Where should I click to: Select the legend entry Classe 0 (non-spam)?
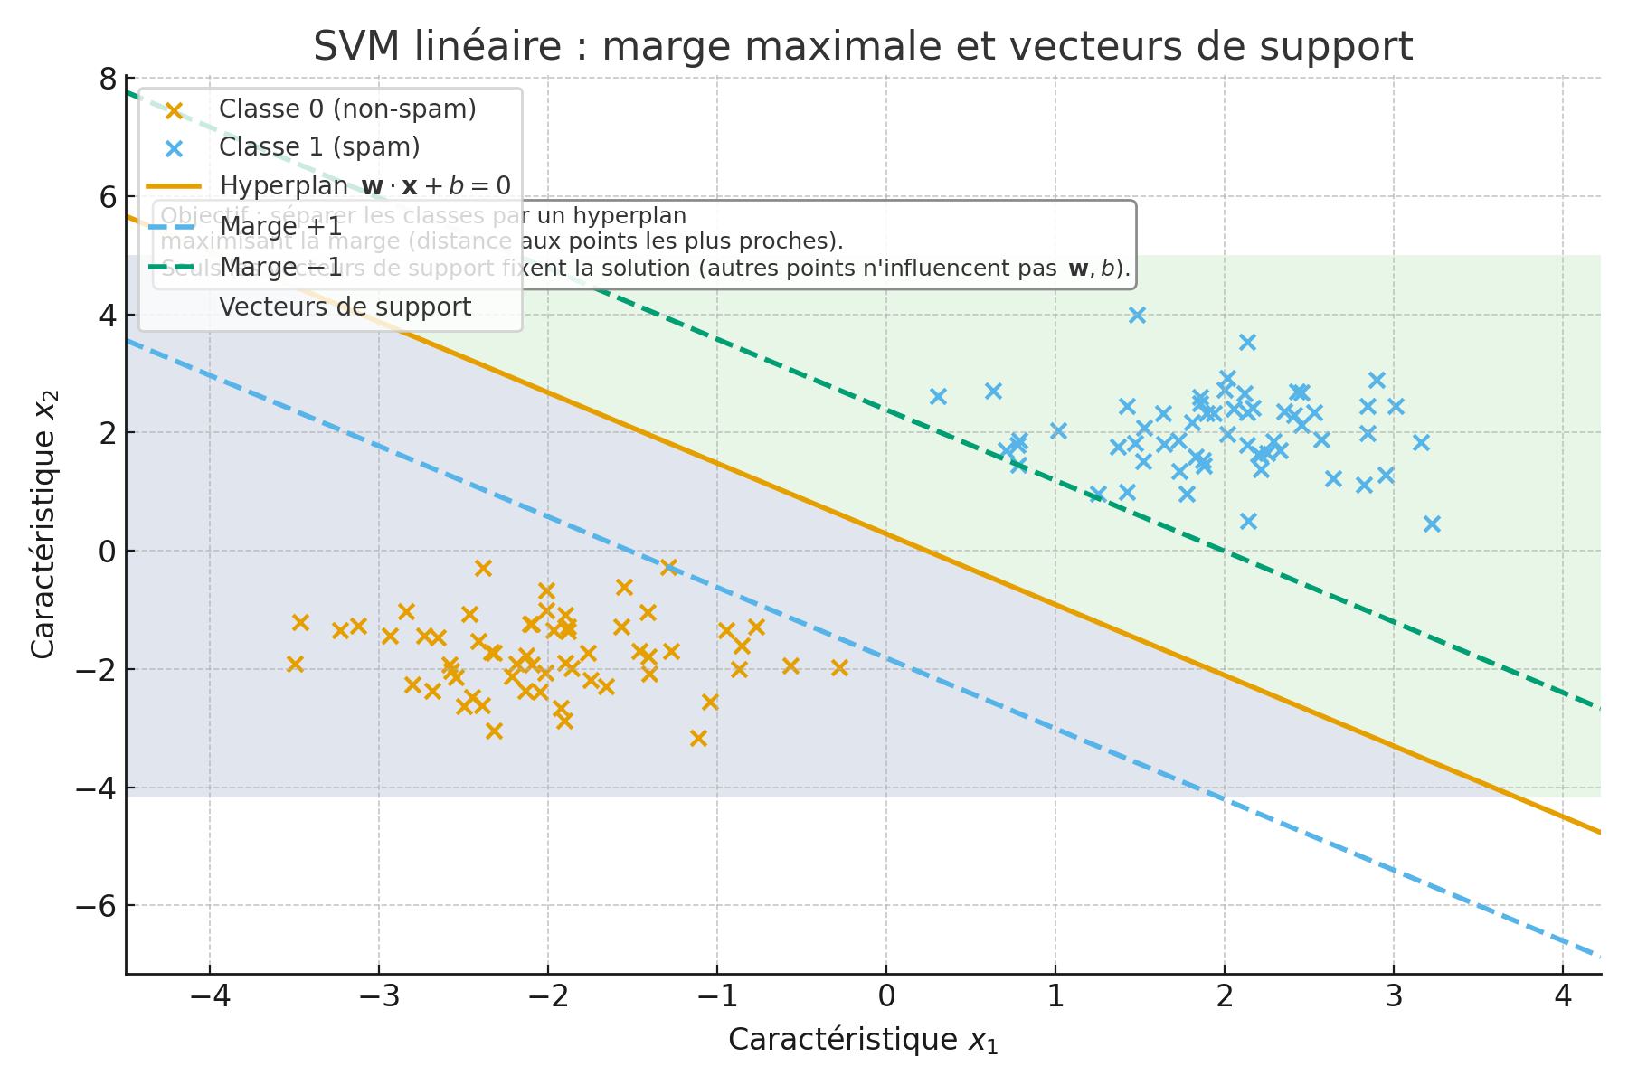pyautogui.click(x=347, y=109)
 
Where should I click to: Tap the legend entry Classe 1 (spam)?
pyautogui.click(x=319, y=147)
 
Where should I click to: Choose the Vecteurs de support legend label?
pyautogui.click(x=345, y=307)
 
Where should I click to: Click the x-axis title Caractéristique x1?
pyautogui.click(x=863, y=1041)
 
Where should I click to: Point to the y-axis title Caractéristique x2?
pyautogui.click(x=44, y=524)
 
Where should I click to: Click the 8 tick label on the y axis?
pyautogui.click(x=108, y=80)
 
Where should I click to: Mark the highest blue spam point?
pyautogui.click(x=1137, y=315)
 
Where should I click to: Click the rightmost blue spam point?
pyautogui.click(x=1432, y=524)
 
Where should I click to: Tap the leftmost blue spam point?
pyautogui.click(x=938, y=396)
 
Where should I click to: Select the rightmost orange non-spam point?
pyautogui.click(x=839, y=667)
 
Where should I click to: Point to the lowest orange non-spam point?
pyautogui.click(x=698, y=738)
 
